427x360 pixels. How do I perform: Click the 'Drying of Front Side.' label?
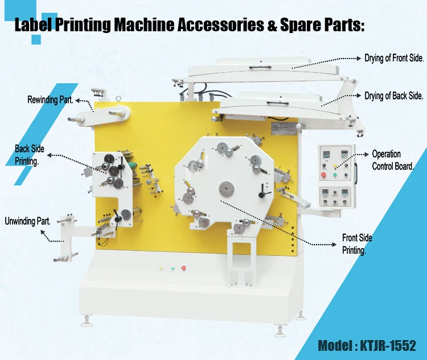(394, 58)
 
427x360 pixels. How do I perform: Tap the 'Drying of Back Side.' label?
(394, 96)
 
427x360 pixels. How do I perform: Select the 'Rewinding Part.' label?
(50, 100)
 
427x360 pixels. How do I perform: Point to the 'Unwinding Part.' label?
(28, 221)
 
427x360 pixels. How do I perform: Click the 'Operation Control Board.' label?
(393, 160)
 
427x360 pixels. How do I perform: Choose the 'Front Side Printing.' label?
(357, 244)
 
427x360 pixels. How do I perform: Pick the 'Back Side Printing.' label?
(30, 155)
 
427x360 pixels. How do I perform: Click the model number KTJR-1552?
(388, 346)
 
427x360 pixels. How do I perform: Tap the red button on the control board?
(323, 175)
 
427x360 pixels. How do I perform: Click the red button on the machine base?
(183, 268)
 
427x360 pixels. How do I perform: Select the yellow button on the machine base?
(161, 268)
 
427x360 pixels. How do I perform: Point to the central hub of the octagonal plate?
(227, 188)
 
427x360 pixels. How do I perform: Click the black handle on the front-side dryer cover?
(260, 67)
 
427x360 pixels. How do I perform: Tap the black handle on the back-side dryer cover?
(277, 103)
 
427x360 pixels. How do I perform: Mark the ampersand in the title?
(272, 24)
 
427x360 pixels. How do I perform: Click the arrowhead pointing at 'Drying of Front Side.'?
(359, 58)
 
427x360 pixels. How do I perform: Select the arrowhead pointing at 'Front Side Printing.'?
(334, 245)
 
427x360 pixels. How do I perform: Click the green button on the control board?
(335, 175)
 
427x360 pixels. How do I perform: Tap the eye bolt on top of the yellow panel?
(118, 99)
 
